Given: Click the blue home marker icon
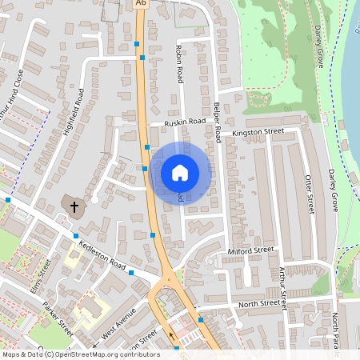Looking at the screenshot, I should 180,172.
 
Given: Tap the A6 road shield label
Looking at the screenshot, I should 142,4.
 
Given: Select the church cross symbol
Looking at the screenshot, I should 74,207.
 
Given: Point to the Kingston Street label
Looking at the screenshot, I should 258,130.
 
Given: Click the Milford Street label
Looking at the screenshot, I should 250,250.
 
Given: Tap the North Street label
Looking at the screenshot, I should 258,304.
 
